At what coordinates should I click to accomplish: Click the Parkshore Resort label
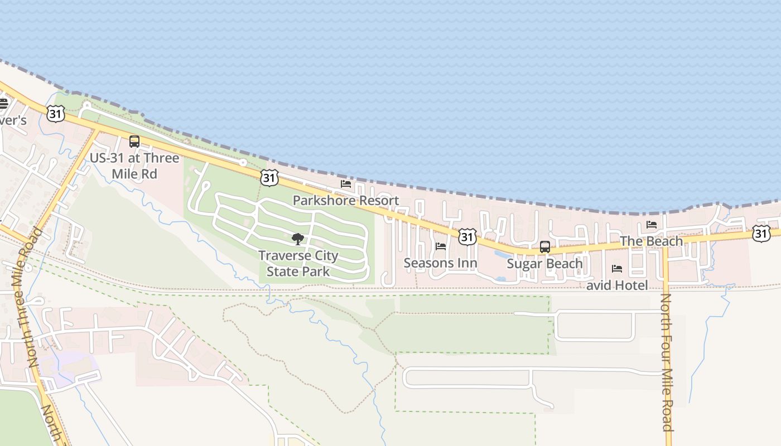pyautogui.click(x=346, y=201)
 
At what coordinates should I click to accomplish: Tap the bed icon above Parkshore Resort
pyautogui.click(x=346, y=183)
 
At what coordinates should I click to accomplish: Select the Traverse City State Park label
pyautogui.click(x=298, y=264)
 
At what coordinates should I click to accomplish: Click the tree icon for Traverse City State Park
pyautogui.click(x=298, y=239)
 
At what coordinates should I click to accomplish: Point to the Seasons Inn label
pyautogui.click(x=440, y=263)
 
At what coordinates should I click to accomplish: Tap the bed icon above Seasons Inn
pyautogui.click(x=441, y=246)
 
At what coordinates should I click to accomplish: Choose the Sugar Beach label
pyautogui.click(x=544, y=263)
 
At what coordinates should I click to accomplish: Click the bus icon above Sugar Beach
pyautogui.click(x=545, y=246)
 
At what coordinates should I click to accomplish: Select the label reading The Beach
pyautogui.click(x=651, y=241)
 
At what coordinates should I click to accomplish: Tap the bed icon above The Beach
pyautogui.click(x=652, y=225)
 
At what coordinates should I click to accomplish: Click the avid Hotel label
pyautogui.click(x=617, y=285)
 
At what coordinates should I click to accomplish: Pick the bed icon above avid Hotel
pyautogui.click(x=617, y=269)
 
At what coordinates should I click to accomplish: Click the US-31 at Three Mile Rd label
pyautogui.click(x=134, y=166)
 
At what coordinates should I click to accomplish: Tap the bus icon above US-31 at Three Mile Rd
pyautogui.click(x=134, y=142)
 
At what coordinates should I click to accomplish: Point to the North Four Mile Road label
pyautogui.click(x=666, y=362)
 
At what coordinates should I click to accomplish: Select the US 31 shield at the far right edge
pyautogui.click(x=761, y=234)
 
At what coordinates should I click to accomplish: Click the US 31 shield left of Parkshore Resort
pyautogui.click(x=269, y=178)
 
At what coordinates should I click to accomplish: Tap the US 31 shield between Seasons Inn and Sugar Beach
pyautogui.click(x=467, y=237)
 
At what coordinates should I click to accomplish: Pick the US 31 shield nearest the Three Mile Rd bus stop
pyautogui.click(x=56, y=114)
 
